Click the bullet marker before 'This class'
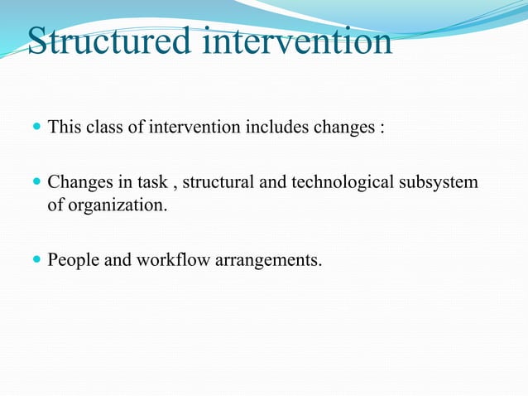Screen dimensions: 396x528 click(36, 128)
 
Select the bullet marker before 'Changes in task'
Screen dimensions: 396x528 click(36, 181)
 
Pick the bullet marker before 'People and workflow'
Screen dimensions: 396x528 click(36, 261)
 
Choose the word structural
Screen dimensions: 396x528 click(218, 181)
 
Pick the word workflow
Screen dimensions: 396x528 click(171, 261)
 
